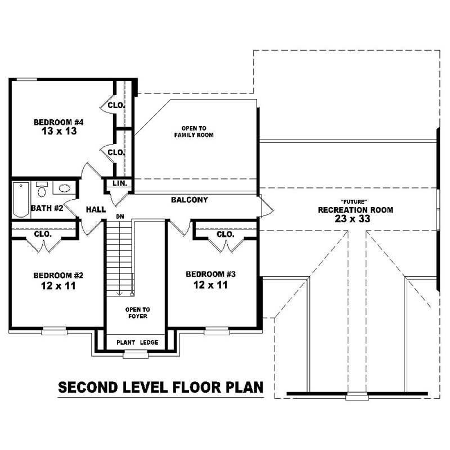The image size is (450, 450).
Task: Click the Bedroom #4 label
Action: (58, 122)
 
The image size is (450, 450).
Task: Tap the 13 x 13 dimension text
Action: (58, 132)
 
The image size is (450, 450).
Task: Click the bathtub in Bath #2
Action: (20, 199)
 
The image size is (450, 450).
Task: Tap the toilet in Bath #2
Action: (65, 188)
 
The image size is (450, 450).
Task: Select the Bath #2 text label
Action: (47, 209)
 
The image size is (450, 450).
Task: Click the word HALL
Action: (96, 209)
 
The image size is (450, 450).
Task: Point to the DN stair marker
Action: (120, 217)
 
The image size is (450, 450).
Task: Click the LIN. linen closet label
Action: (120, 184)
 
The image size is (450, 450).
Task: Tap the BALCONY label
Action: (190, 200)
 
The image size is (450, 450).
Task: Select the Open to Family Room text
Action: (193, 132)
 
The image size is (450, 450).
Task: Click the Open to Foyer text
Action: (137, 313)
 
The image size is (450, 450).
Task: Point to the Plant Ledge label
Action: (137, 342)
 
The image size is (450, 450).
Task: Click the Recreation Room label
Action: (355, 210)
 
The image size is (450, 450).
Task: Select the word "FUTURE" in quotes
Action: (354, 201)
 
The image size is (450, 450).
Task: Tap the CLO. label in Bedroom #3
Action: (225, 234)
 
